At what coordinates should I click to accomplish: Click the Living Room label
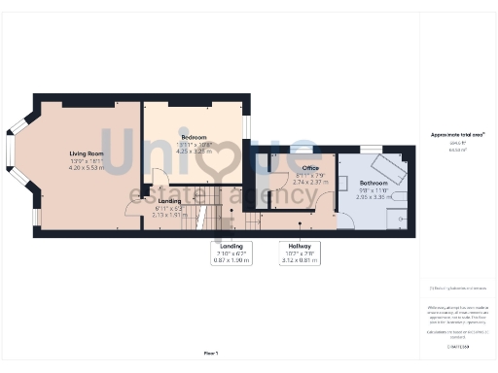87,153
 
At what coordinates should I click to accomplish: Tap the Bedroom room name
194,139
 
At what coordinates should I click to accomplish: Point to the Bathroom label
373,183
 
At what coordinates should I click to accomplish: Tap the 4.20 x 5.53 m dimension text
87,168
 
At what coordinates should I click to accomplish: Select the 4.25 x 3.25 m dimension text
194,152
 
